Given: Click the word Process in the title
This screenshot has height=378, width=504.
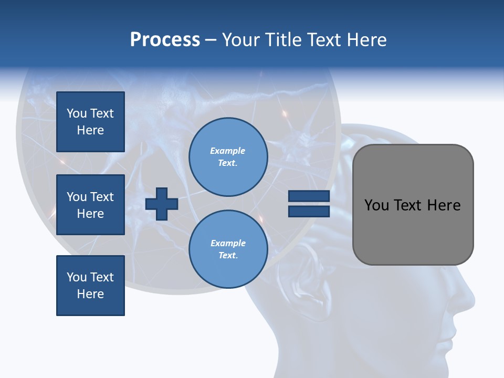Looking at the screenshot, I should coord(165,40).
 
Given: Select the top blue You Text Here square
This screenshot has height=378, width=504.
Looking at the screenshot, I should coord(90,122).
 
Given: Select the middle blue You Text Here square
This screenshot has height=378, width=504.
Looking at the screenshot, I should coord(90,205).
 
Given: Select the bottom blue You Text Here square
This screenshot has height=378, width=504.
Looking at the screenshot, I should coord(90,285).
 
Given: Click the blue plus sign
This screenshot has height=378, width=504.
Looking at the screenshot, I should coord(162,204).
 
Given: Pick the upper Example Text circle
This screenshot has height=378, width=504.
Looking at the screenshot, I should coord(228,157).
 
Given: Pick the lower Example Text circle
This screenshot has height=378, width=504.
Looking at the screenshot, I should coord(228,249).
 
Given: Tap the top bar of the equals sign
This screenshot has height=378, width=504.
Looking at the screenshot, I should coord(309,196).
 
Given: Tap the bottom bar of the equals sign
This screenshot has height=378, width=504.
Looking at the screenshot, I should coord(309,211).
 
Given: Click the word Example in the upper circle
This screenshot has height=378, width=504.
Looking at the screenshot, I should coord(228,151).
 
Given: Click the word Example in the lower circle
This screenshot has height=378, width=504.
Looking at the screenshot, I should coord(228,243).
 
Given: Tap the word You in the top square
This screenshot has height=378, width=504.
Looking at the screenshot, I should coord(77,113).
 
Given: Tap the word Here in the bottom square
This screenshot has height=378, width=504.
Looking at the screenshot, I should coord(90,294).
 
